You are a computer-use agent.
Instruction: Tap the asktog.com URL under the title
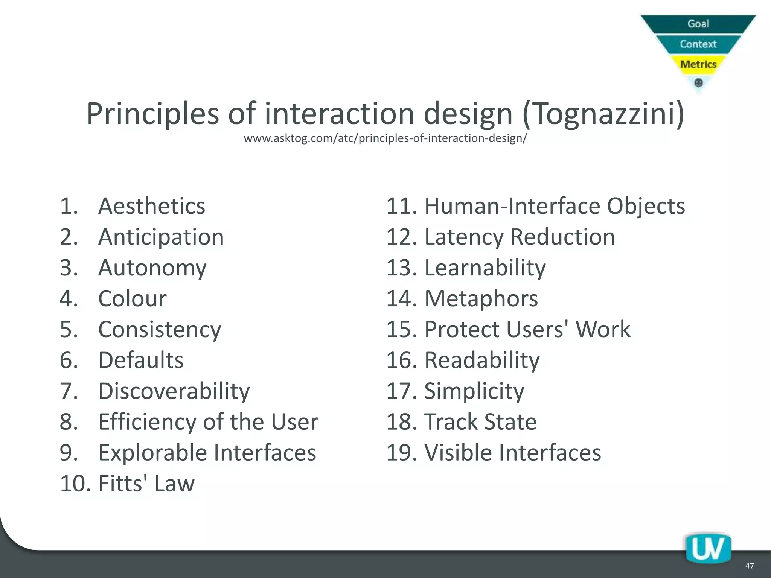click(x=385, y=138)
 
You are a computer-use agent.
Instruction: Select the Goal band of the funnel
click(x=698, y=24)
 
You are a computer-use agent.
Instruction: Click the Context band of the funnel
click(x=698, y=44)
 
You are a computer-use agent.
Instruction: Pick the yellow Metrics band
click(x=698, y=64)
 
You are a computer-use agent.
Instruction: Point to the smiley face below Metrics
click(x=698, y=82)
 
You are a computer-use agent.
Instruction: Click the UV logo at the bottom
click(x=708, y=549)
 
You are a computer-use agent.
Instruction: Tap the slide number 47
click(x=749, y=566)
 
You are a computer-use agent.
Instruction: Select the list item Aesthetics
click(x=151, y=206)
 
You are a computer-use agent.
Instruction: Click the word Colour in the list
click(x=132, y=299)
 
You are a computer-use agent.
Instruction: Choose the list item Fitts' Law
click(x=146, y=484)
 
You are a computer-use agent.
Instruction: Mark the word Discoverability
click(x=174, y=391)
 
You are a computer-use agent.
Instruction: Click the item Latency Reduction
click(x=520, y=237)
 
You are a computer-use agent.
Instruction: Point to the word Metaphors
click(x=481, y=299)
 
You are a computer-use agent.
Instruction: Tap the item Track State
click(x=480, y=422)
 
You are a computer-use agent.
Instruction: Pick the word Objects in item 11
click(x=646, y=206)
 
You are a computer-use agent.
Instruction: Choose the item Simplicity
click(x=474, y=391)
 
